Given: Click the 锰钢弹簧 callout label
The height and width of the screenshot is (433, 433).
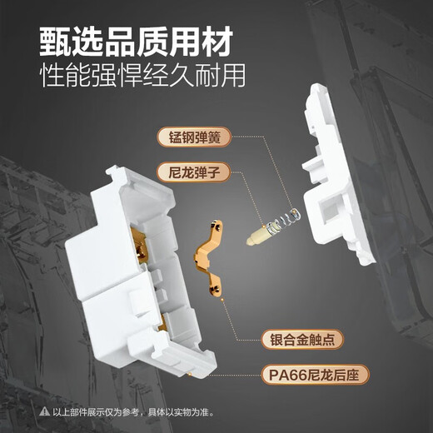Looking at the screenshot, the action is (194, 137).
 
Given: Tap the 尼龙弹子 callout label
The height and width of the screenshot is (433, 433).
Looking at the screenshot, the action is (194, 172).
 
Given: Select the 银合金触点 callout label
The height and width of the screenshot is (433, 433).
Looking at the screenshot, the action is (302, 339).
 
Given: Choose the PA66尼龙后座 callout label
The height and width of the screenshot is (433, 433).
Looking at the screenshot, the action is (315, 375).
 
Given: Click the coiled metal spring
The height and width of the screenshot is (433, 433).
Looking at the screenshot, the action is (285, 220).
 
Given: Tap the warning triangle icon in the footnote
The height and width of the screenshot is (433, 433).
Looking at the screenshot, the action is (45, 411).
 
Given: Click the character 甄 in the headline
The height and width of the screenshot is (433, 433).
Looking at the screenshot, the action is (55, 42).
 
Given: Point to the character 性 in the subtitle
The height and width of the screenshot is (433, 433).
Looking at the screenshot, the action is (53, 75).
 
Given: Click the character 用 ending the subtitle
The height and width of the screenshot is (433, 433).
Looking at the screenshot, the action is (232, 75).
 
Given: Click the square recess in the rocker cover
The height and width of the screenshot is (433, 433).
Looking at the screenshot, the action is (331, 210).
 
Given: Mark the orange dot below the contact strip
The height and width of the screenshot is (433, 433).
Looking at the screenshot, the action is (221, 300).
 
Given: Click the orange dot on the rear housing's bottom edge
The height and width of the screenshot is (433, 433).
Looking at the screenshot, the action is (190, 375).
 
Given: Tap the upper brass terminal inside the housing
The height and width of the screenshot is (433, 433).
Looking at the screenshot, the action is (138, 244).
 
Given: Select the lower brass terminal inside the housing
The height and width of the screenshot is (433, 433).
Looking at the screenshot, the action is (162, 321).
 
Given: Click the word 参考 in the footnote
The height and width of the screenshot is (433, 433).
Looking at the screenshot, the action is (130, 412).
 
